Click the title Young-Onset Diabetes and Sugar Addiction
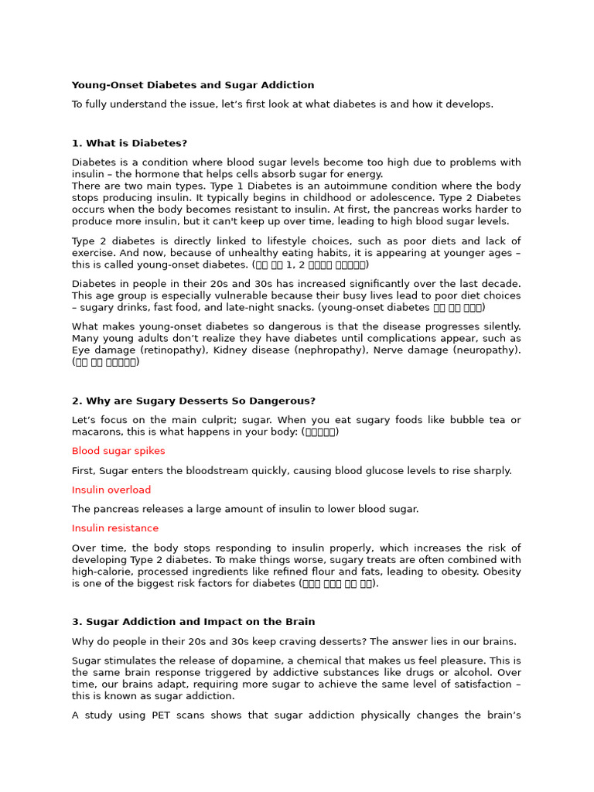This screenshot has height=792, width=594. coord(193,85)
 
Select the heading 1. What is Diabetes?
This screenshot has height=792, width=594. coord(129,143)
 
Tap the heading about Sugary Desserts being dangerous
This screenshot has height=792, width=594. coord(193,401)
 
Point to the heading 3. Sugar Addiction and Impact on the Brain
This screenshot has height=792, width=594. coord(193,622)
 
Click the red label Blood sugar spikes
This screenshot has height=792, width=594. coord(118,451)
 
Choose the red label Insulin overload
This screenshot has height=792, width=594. coord(111,490)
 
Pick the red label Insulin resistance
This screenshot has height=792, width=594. coord(115,528)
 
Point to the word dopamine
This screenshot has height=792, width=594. coord(262,661)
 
